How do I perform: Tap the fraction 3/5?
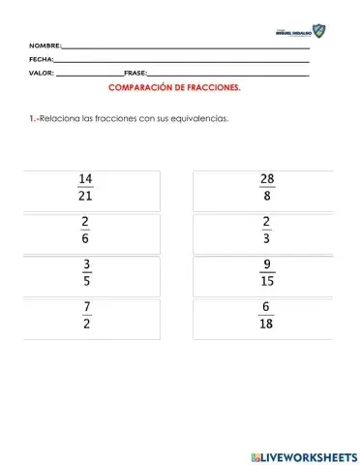(85, 276)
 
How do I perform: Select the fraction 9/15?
(266, 276)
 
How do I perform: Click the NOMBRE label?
(45, 46)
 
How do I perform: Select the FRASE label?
(135, 74)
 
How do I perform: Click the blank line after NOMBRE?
(184, 46)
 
